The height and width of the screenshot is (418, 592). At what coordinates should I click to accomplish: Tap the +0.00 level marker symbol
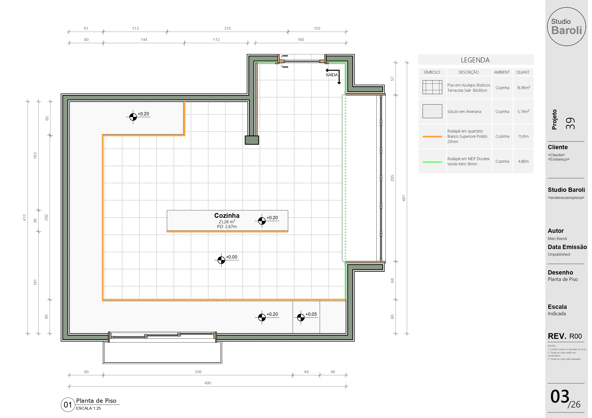click(x=221, y=260)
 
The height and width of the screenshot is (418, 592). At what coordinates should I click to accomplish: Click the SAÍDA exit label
click(x=331, y=75)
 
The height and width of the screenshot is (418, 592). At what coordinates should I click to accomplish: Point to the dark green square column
click(x=252, y=140)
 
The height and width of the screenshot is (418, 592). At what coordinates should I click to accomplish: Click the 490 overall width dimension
click(x=208, y=383)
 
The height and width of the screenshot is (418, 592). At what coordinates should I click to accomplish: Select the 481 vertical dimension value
click(x=404, y=198)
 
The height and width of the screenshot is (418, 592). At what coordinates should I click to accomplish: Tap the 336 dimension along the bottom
click(x=198, y=372)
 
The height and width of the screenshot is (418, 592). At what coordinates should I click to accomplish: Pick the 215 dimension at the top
click(x=227, y=28)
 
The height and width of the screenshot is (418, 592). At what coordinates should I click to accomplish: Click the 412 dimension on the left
click(x=25, y=217)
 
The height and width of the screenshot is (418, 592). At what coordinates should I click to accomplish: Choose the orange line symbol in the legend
click(x=432, y=137)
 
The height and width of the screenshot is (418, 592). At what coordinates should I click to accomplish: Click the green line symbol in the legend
click(x=432, y=162)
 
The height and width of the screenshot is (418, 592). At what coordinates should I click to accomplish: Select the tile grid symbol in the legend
click(x=432, y=87)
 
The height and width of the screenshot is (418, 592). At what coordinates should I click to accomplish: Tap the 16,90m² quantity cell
click(x=524, y=87)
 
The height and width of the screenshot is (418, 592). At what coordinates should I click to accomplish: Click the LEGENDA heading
click(x=475, y=60)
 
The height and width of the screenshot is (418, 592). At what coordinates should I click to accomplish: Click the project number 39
click(x=570, y=123)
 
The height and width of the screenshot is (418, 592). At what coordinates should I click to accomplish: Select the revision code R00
click(x=576, y=336)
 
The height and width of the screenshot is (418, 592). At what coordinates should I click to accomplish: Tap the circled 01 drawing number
click(x=68, y=405)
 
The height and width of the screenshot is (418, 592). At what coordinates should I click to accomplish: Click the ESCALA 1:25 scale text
click(x=88, y=408)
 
